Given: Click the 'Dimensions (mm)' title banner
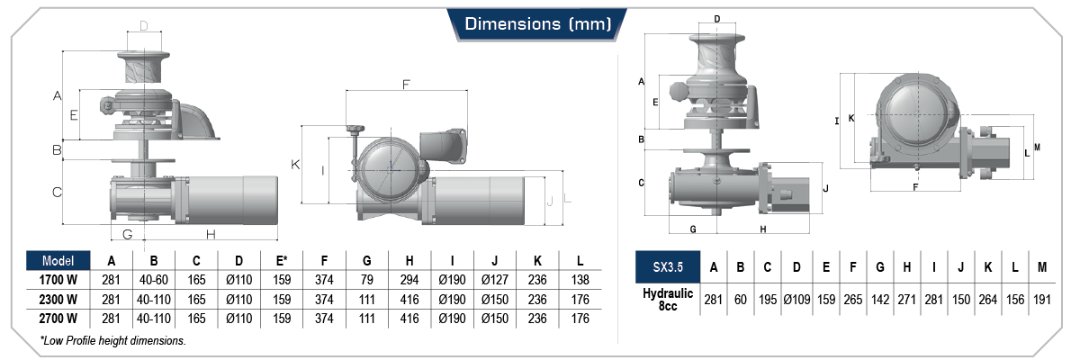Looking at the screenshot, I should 538,23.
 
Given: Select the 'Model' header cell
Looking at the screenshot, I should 58,261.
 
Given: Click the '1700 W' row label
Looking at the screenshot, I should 58,280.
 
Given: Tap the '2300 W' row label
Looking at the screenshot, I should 58,299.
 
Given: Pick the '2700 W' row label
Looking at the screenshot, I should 58,318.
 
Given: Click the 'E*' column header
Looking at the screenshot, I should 282,261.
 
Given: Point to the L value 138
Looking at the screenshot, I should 580,280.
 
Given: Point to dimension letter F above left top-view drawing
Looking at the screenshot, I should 406,85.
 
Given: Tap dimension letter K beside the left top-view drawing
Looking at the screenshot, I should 294,165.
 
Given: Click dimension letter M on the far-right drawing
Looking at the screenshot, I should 1037,148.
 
